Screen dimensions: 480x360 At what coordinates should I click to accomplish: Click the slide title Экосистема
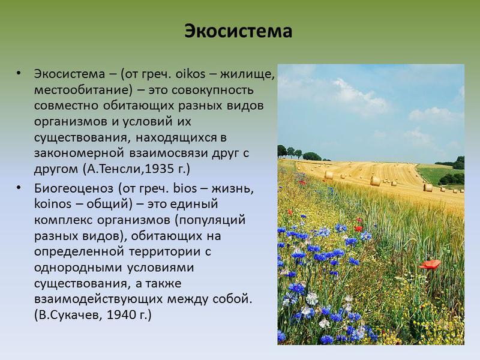coord(238,31)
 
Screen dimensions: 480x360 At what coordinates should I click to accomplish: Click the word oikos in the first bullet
coord(190,74)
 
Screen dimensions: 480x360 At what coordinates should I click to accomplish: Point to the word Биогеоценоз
coord(73,188)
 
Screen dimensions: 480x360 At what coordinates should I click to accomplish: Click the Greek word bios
coord(185,188)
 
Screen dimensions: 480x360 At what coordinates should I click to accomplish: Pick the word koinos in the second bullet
coord(53,204)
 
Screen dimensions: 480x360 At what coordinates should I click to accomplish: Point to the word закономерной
coord(79,153)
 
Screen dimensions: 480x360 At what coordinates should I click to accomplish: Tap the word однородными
coord(78,268)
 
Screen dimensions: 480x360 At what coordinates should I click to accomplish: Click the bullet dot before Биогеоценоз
coord(19,187)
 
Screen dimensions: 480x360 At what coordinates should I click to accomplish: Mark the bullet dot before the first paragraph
coord(19,73)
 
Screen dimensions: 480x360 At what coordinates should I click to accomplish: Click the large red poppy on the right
coord(430,264)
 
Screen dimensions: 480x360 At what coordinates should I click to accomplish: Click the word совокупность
coord(213,89)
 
